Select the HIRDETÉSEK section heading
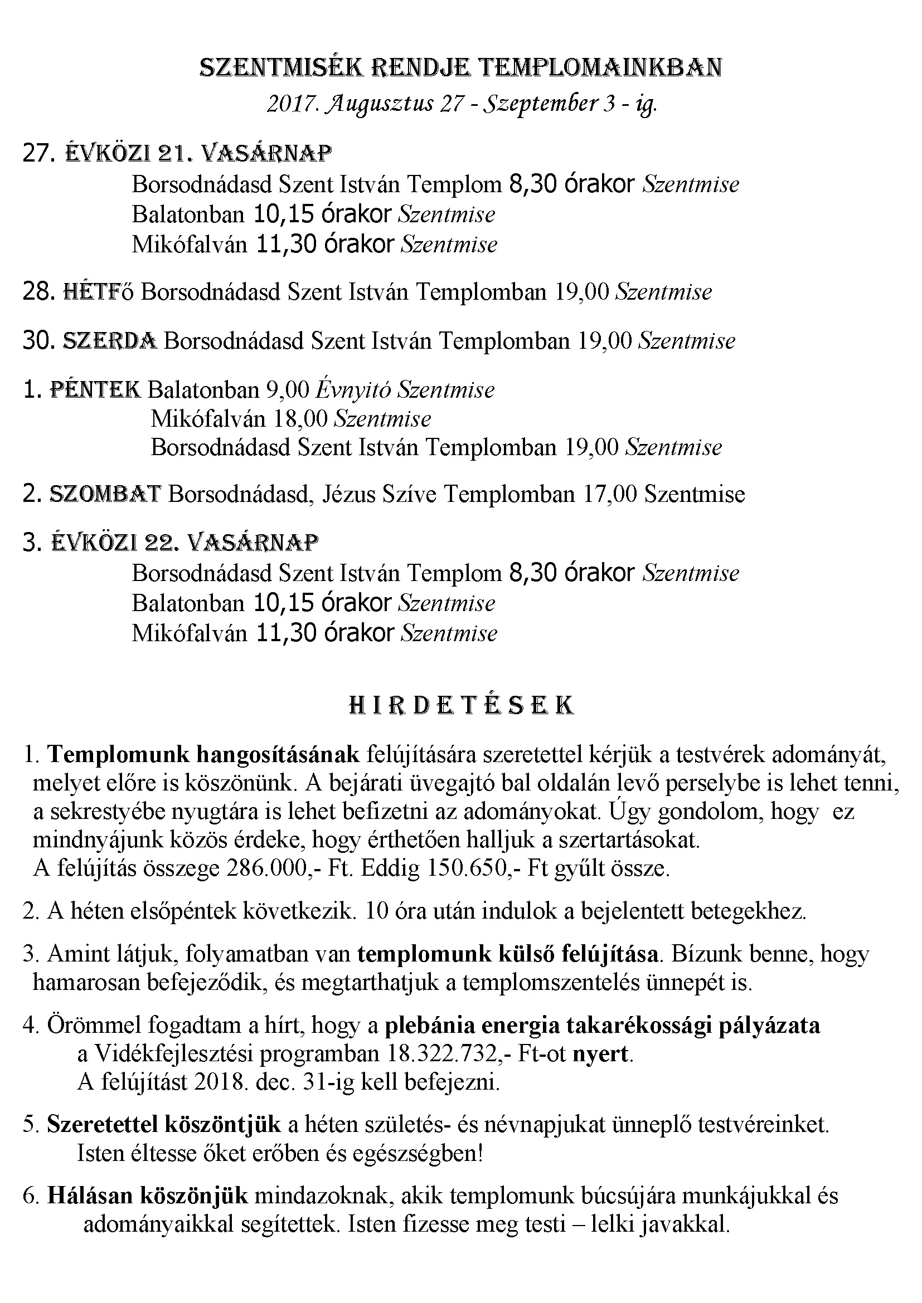click(x=460, y=705)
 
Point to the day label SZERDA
click(x=110, y=341)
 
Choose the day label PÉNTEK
click(x=95, y=390)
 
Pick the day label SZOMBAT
click(x=105, y=494)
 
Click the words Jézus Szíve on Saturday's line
click(x=379, y=494)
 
